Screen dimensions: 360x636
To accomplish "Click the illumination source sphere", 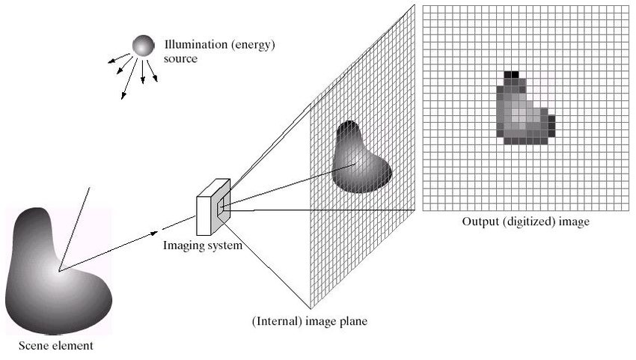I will tap(142, 46).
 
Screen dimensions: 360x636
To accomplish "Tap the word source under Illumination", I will tap(180, 58).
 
